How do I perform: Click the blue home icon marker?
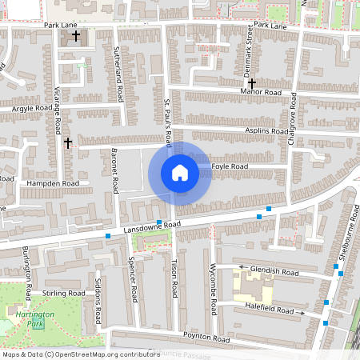(x=180, y=173)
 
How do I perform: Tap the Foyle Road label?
(x=230, y=166)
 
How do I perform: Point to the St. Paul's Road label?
(x=168, y=122)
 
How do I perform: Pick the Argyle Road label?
(x=31, y=107)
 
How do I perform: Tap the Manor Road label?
(x=261, y=93)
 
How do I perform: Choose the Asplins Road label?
(x=266, y=130)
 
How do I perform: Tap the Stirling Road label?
(x=65, y=294)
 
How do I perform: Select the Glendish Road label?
(x=274, y=271)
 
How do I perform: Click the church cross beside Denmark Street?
(x=251, y=83)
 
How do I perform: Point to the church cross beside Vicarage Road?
(x=68, y=143)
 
